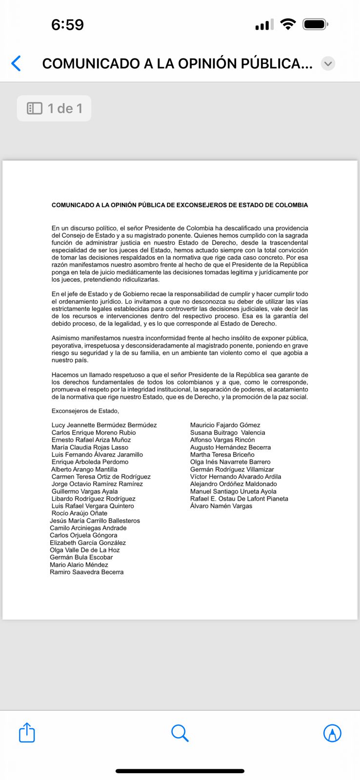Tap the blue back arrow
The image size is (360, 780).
[x=16, y=63]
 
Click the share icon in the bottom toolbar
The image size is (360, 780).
[x=27, y=733]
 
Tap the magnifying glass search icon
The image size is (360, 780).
[x=180, y=733]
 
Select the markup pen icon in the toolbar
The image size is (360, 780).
[x=332, y=733]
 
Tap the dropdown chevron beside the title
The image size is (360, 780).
[x=328, y=63]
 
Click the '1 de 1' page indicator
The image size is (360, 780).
[x=54, y=108]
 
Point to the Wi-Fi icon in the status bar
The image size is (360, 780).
[x=288, y=24]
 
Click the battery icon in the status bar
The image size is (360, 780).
[x=315, y=24]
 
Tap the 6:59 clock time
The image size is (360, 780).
[x=67, y=24]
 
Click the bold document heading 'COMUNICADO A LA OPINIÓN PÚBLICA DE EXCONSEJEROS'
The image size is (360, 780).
[x=180, y=205]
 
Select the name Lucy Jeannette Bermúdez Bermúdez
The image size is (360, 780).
[x=104, y=425]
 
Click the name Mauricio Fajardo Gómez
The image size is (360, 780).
[x=225, y=425]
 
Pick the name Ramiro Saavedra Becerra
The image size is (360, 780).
[x=86, y=572]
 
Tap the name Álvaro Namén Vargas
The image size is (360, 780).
[x=221, y=506]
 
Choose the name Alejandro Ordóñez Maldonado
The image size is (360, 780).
[x=233, y=484]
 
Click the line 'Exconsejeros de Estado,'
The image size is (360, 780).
[x=85, y=411]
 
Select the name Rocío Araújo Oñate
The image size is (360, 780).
[x=79, y=513]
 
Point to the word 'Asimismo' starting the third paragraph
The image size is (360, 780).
[x=65, y=338]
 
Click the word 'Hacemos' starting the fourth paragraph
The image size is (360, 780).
[x=64, y=375]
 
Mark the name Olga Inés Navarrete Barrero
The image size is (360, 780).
[x=230, y=462]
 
